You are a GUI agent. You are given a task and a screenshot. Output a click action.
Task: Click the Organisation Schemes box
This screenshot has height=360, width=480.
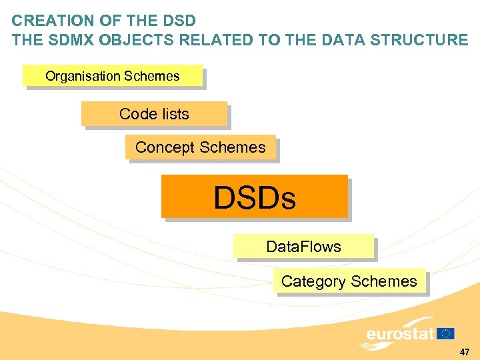(x=112, y=76)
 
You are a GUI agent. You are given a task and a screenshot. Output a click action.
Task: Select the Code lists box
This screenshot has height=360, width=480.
(x=154, y=114)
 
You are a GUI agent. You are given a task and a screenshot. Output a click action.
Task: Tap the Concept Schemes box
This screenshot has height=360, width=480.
(x=200, y=147)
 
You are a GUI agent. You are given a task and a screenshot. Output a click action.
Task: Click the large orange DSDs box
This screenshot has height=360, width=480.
(x=254, y=197)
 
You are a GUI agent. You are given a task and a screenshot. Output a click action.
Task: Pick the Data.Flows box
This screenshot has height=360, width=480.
(x=303, y=247)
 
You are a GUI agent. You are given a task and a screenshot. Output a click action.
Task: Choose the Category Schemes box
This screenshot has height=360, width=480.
(x=349, y=281)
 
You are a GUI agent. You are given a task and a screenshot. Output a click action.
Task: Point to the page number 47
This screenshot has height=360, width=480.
(x=465, y=351)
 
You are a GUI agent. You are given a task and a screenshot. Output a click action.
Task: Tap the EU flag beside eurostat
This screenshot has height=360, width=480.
(x=446, y=333)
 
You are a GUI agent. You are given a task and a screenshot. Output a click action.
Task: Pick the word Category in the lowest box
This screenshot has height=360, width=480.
(x=313, y=281)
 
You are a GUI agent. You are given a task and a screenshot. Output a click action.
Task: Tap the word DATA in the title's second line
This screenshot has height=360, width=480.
(x=342, y=40)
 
